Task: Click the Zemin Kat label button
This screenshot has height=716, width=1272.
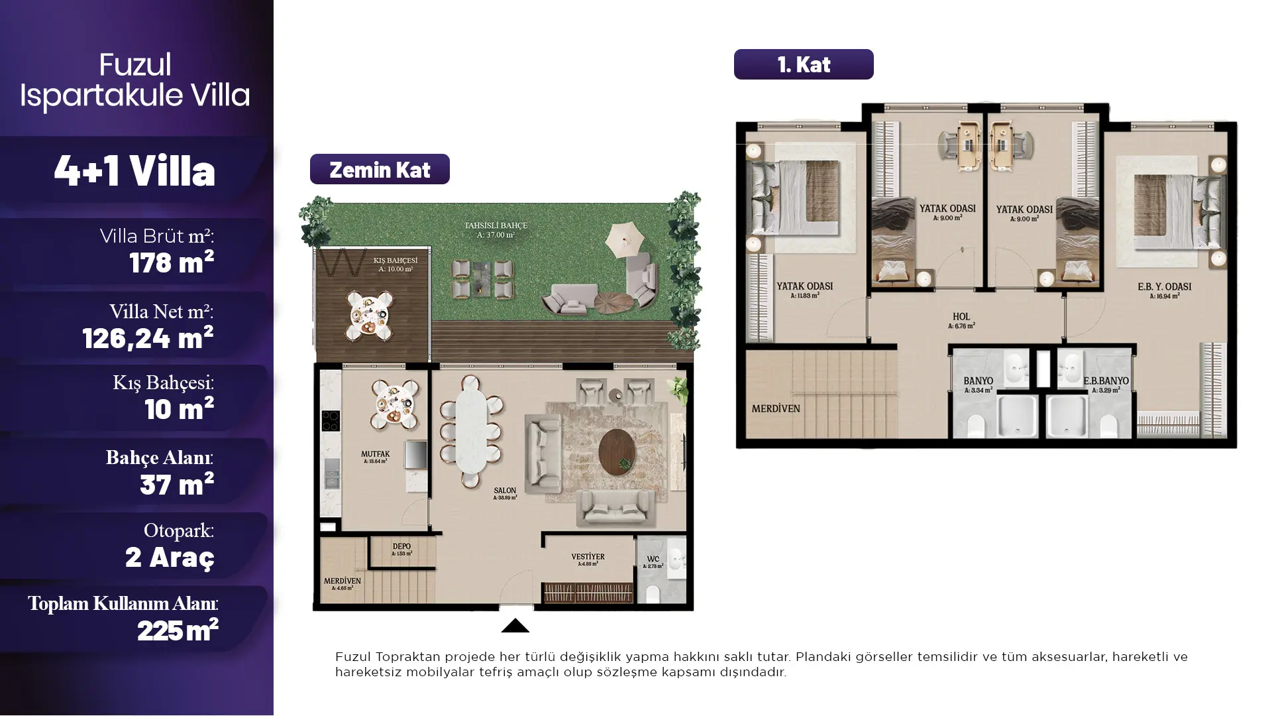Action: (380, 170)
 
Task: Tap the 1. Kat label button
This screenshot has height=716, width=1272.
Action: (803, 64)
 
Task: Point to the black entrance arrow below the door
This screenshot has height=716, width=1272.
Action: (515, 626)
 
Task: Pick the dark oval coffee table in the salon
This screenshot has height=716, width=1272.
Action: (617, 452)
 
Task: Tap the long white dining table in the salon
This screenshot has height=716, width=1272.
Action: (471, 431)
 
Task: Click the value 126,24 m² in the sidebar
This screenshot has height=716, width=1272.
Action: (148, 339)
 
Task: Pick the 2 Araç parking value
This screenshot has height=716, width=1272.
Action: (170, 557)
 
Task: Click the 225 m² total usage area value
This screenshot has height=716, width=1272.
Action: (178, 630)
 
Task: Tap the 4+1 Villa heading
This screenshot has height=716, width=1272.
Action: (134, 171)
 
